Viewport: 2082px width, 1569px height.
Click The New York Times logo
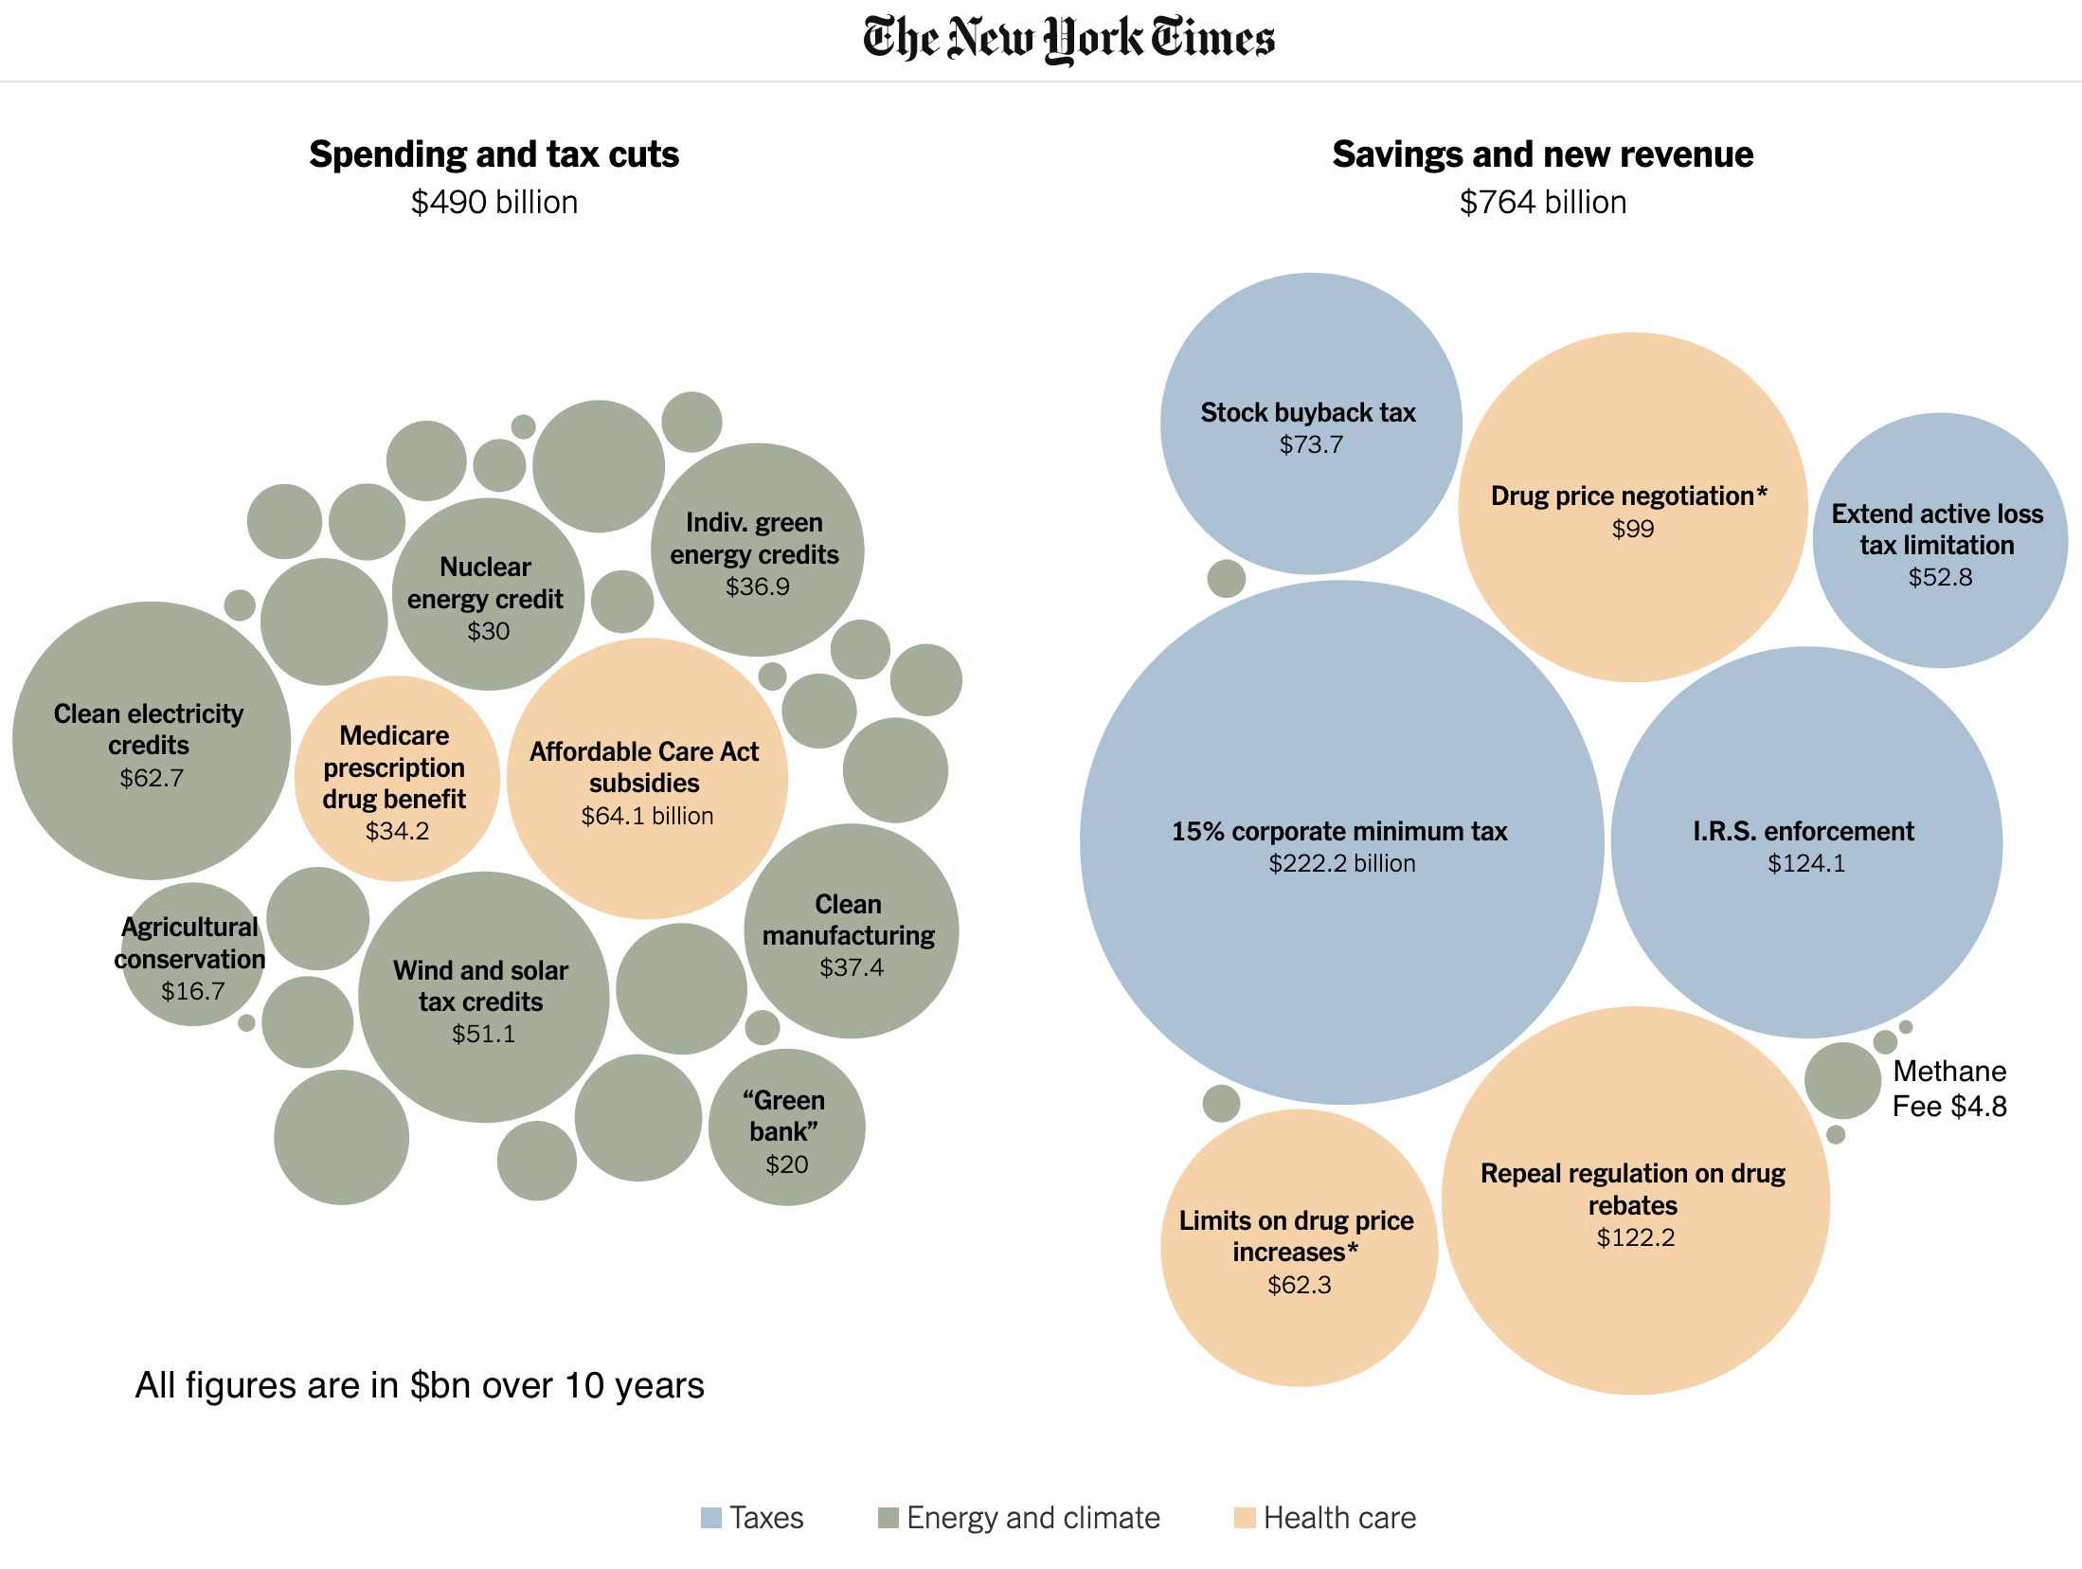pyautogui.click(x=1068, y=39)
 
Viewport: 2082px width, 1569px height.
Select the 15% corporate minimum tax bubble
pyautogui.click(x=1340, y=843)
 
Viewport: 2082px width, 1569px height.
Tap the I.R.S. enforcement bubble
pyautogui.click(x=1805, y=843)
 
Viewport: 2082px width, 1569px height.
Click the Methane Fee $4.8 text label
pyautogui.click(x=1949, y=1089)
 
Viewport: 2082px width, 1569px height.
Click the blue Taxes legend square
pyautogui.click(x=710, y=1518)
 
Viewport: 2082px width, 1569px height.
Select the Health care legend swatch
pyautogui.click(x=1245, y=1518)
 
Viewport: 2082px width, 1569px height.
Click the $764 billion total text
pyautogui.click(x=1542, y=203)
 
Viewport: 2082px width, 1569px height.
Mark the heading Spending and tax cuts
pyautogui.click(x=494, y=154)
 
